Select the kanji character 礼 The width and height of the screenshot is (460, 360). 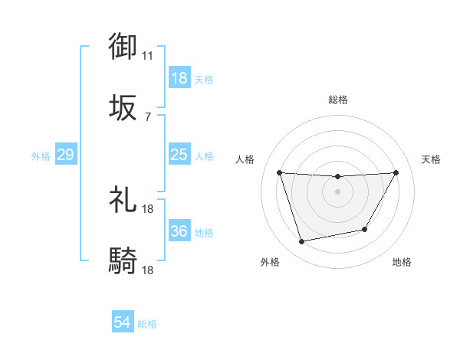pyautogui.click(x=123, y=200)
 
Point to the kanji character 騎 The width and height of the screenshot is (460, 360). pyautogui.click(x=123, y=261)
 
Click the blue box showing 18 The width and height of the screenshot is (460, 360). pyautogui.click(x=179, y=78)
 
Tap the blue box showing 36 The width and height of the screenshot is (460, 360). pyautogui.click(x=179, y=231)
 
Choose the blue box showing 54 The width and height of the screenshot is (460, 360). pyautogui.click(x=122, y=322)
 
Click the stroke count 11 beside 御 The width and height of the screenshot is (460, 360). pyautogui.click(x=148, y=56)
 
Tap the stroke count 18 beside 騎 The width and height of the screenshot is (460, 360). pyautogui.click(x=148, y=270)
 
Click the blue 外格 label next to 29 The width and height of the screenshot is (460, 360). pyautogui.click(x=41, y=156)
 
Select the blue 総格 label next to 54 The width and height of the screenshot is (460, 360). pyautogui.click(x=147, y=324)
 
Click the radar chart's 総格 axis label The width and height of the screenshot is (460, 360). pyautogui.click(x=337, y=100)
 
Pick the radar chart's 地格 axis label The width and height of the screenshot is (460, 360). pyautogui.click(x=402, y=262)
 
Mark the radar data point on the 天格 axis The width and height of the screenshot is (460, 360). pyautogui.click(x=396, y=172)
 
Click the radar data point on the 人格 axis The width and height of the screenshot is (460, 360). pyautogui.click(x=279, y=172)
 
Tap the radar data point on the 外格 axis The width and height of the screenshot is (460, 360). pyautogui.click(x=301, y=241)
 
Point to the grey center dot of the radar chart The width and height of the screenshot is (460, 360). pyautogui.click(x=337, y=191)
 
